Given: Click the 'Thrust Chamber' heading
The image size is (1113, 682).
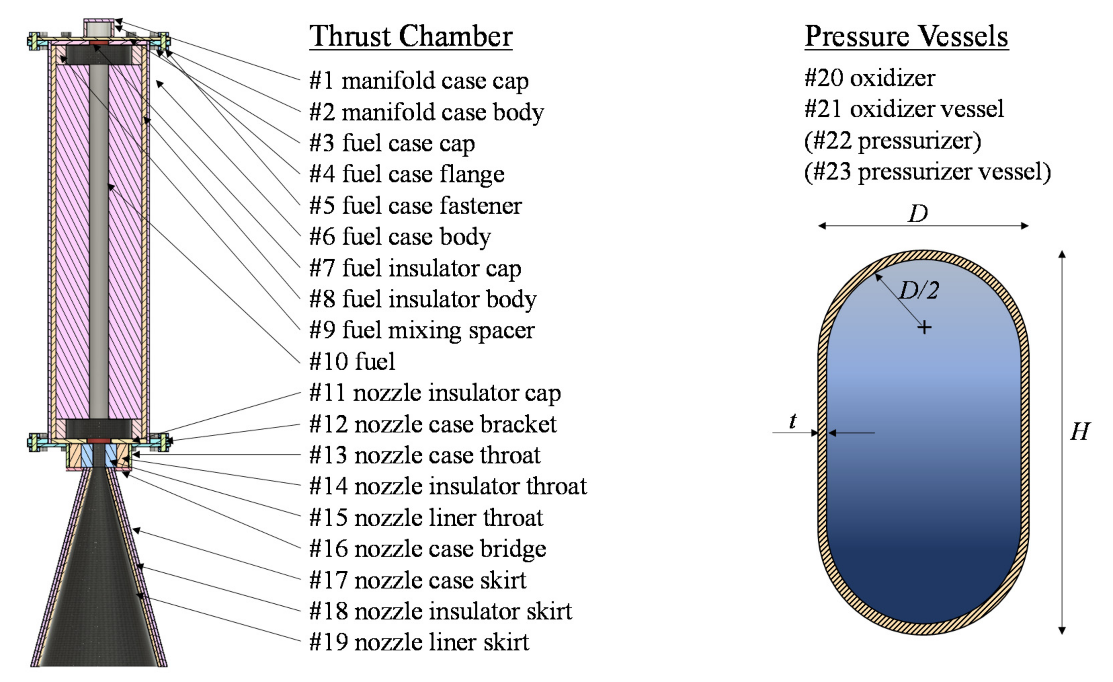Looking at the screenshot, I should coord(411,36).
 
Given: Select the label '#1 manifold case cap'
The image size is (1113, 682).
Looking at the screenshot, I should coord(419,81).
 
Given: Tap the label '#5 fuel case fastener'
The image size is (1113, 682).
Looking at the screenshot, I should coord(416,205).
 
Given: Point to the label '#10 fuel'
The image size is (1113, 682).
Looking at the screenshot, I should coord(352,362).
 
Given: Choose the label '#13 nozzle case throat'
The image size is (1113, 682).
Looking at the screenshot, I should coord(425,455).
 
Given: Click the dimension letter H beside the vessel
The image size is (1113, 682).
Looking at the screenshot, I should coord(1080,431).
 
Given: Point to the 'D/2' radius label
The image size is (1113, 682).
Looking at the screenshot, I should coord(919,290).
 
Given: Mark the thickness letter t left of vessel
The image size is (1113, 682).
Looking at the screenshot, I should coord(793,421).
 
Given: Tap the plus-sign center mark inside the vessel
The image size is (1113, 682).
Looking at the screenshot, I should coord(924,327).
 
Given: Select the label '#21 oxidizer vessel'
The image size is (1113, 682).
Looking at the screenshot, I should coord(904,109).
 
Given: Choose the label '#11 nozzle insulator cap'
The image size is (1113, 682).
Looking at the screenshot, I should coord(435,393).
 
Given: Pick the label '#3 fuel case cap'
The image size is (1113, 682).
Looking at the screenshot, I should coord(391,143).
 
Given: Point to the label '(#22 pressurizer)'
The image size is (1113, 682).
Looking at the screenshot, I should coord(893,141).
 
